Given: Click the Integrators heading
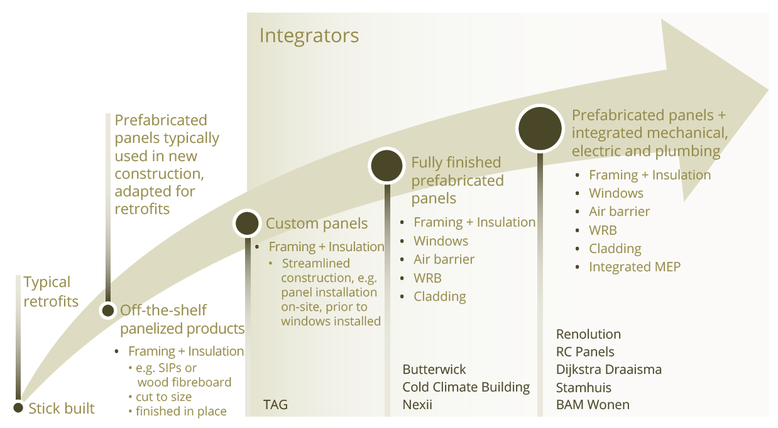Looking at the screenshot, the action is [x=309, y=36].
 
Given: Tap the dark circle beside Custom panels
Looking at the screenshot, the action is [x=247, y=223].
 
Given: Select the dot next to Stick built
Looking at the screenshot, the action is [x=18, y=407].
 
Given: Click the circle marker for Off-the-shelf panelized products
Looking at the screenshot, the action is [x=108, y=310].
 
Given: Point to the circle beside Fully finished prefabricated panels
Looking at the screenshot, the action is [x=386, y=166].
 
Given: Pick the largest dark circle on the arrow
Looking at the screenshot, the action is [x=540, y=128].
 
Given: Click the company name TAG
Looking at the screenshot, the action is [x=275, y=405].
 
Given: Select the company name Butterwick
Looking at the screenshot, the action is [x=434, y=369].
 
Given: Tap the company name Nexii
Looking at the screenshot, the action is [x=417, y=405].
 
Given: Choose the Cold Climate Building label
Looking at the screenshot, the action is [x=466, y=387].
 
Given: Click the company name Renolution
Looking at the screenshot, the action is [x=588, y=334].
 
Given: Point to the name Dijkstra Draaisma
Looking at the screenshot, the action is [x=609, y=369].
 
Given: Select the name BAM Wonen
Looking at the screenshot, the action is [x=593, y=405].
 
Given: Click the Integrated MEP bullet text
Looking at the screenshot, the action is [x=635, y=267].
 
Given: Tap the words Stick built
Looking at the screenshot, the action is [x=62, y=408].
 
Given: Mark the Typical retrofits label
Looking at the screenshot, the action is [x=51, y=291].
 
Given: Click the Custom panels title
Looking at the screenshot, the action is [x=316, y=223].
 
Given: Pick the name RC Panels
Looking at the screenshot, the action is [x=585, y=352].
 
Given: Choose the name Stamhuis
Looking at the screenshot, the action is [x=583, y=387].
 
